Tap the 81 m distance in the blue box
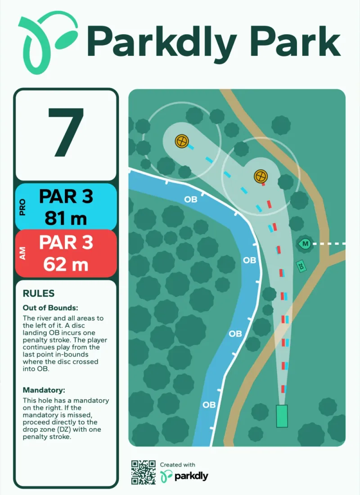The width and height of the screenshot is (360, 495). (x=66, y=218)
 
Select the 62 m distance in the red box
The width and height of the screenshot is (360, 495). (x=66, y=264)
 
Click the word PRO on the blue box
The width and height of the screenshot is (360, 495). (x=22, y=207)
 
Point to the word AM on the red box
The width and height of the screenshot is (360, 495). (x=22, y=253)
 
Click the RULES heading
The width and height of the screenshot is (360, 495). (x=39, y=293)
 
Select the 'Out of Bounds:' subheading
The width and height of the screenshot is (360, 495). (x=50, y=308)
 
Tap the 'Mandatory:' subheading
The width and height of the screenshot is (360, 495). (x=44, y=390)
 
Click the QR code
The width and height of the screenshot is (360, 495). (x=144, y=472)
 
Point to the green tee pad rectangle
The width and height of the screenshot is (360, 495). (x=282, y=416)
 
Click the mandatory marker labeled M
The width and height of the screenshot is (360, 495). (x=305, y=244)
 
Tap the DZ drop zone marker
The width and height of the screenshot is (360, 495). (x=301, y=266)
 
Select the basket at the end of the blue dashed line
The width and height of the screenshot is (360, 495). (x=182, y=141)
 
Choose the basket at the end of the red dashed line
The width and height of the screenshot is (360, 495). (x=261, y=176)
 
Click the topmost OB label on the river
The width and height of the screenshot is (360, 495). (x=191, y=199)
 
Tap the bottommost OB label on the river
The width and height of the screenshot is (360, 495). (x=209, y=405)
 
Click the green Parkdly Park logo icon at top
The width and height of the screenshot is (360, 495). (x=47, y=43)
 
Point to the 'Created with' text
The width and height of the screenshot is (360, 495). (x=177, y=465)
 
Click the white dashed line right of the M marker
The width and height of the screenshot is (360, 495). (x=329, y=244)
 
